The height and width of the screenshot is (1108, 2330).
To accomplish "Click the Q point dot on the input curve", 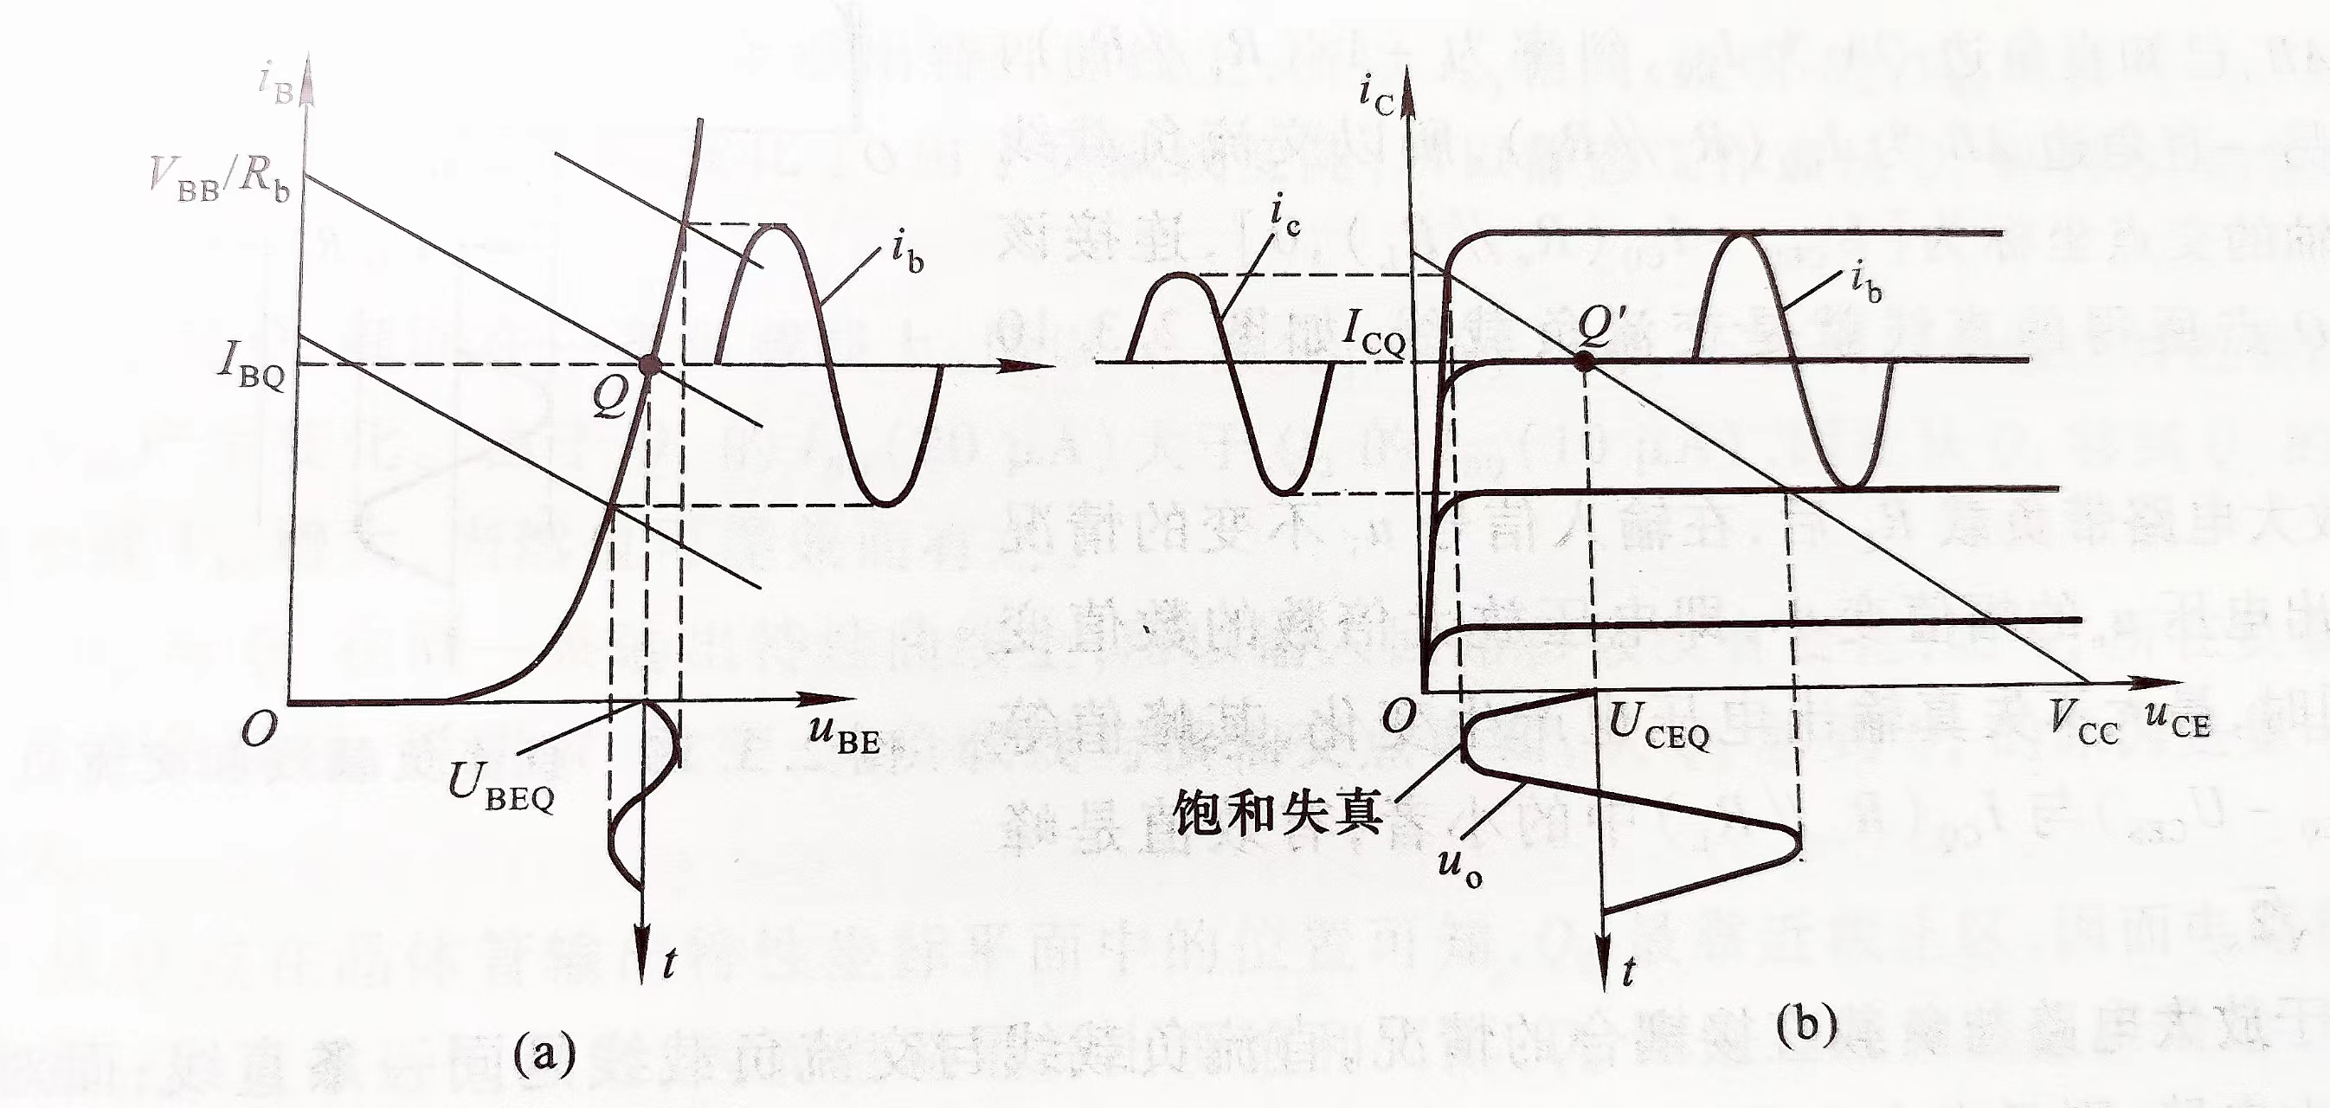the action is pos(648,364).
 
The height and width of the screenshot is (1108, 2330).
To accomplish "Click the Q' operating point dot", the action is pos(1582,361).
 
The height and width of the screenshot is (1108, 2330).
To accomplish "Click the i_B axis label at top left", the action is pos(276,87).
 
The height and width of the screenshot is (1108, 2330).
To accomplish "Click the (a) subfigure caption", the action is pos(544,1053).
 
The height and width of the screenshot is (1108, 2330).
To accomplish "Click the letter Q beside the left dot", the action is pos(609,398).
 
